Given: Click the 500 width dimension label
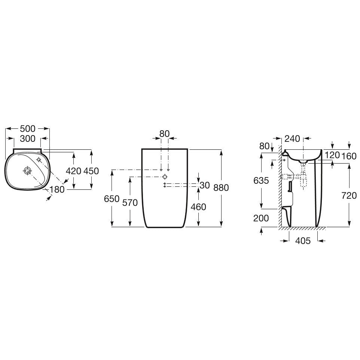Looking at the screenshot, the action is coord(28,129).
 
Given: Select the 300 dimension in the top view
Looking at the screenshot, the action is coord(28,138).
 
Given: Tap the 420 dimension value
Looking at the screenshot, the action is coord(73,171).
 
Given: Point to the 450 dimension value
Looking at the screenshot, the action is coord(91,171).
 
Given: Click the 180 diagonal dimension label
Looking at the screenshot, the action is coord(57,189).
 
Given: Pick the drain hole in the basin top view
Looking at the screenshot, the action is coord(27,170).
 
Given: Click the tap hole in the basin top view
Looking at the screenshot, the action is coord(39,159).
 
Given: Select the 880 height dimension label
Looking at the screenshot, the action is coord(221,187).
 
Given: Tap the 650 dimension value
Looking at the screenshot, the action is coord(112,199).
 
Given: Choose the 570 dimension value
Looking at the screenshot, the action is coord(130,202).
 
